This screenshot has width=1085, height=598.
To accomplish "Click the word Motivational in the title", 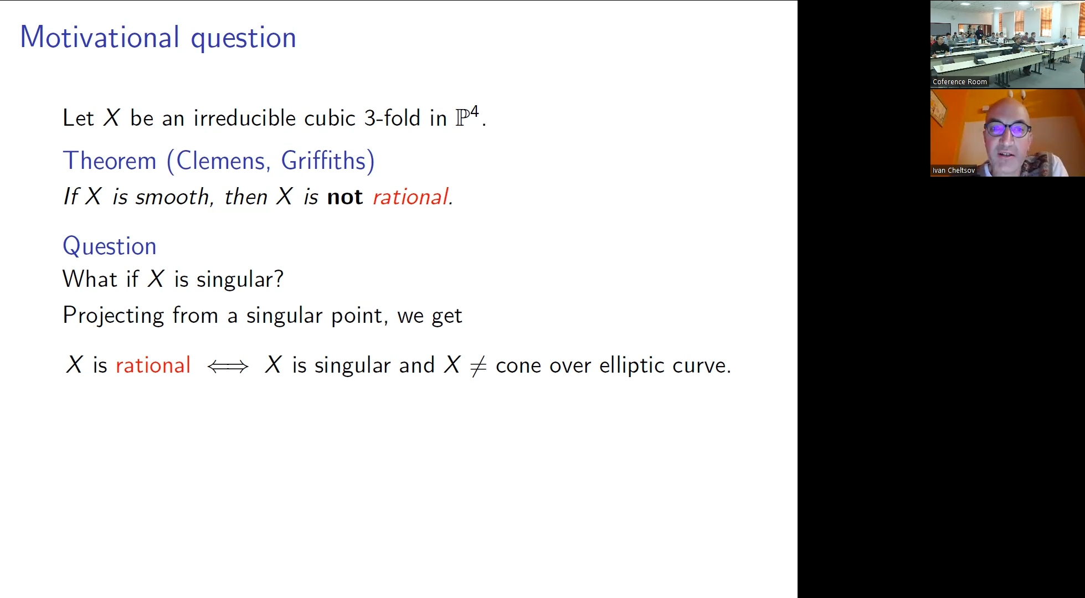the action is (100, 38).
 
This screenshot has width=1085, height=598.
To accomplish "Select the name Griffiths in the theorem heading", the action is (324, 161).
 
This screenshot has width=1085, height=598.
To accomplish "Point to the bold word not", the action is (345, 197).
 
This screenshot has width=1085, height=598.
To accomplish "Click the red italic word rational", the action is (411, 197).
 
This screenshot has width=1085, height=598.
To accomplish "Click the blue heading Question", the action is (110, 246).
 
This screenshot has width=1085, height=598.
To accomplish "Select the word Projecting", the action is (114, 316).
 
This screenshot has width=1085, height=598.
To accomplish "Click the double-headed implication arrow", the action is (228, 366).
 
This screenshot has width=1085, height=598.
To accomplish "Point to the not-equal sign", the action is (478, 366).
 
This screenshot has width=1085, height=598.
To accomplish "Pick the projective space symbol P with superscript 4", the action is (467, 116).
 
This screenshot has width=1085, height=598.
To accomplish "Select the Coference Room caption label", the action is (960, 82).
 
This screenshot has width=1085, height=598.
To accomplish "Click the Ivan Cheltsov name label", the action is (954, 171).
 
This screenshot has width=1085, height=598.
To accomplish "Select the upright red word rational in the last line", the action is (153, 365).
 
